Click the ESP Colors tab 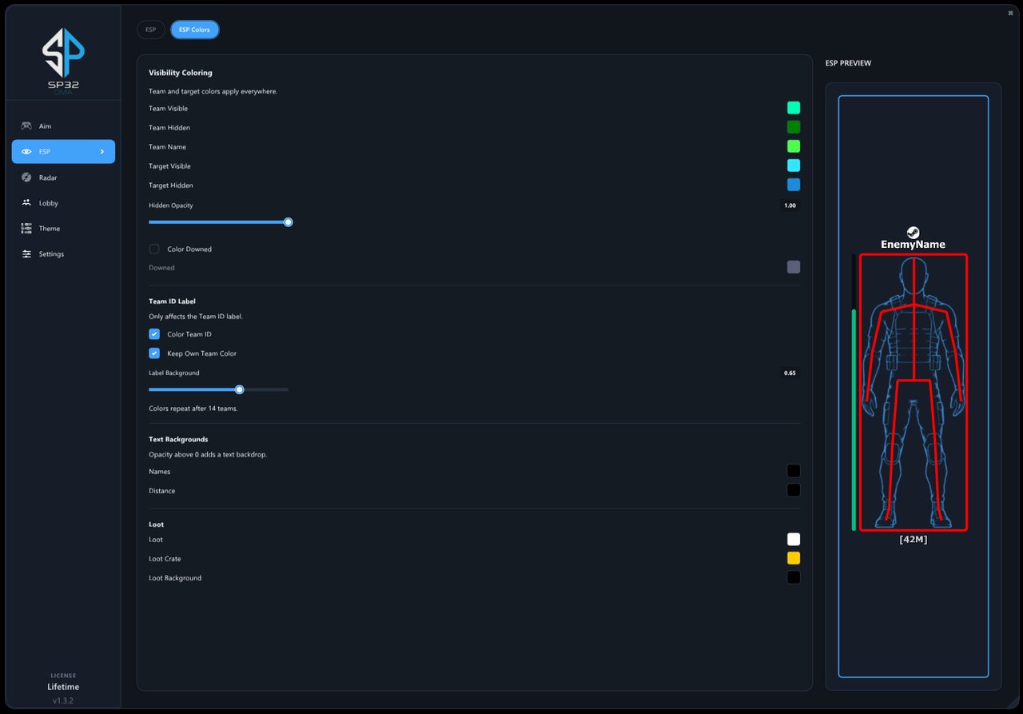point(194,30)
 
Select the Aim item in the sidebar point(45,126)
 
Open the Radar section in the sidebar point(47,178)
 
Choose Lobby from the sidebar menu point(48,203)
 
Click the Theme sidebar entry point(49,229)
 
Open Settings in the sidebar point(51,254)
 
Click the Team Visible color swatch point(794,108)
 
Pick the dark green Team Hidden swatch point(794,127)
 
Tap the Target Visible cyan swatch point(794,166)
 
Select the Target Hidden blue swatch point(794,185)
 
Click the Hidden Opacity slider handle point(288,222)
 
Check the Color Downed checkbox point(154,249)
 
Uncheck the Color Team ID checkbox point(154,334)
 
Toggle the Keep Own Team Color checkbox point(154,353)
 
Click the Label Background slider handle point(239,389)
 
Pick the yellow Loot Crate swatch point(794,558)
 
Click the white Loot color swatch point(794,539)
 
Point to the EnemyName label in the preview point(913,245)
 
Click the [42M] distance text point(913,540)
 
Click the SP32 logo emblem point(63,53)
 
